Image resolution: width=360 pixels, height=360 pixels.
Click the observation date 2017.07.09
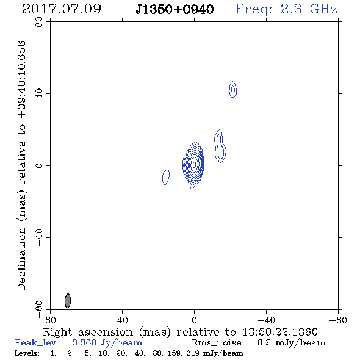pos(62,9)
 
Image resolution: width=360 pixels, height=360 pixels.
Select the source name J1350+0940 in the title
pos(175,10)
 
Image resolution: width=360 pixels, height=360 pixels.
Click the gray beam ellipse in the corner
pos(68,301)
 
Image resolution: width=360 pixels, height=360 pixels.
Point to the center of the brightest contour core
pos(194,165)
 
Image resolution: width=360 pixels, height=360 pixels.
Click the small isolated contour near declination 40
pos(233,89)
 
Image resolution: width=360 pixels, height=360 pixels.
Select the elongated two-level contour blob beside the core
pos(220,146)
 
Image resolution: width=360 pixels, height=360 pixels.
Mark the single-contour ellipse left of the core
pos(166,177)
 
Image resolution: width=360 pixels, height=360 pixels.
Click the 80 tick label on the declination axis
pos(39,22)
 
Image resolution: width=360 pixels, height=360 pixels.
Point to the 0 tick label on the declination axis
pos(39,165)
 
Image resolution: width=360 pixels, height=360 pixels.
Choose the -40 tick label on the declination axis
pos(39,237)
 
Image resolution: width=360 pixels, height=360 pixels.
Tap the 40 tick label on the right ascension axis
pos(123,320)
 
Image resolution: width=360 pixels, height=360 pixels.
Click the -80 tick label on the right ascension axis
pos(338,320)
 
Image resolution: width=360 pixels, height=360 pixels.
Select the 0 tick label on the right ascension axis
pos(194,320)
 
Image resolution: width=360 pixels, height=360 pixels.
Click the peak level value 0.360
pos(84,342)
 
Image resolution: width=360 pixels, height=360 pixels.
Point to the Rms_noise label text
pos(220,343)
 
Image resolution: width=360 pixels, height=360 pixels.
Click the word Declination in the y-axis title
pos(21,259)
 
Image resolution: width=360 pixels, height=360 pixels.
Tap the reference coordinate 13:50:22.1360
pos(280,332)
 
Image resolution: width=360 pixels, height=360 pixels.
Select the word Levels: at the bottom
pos(27,353)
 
